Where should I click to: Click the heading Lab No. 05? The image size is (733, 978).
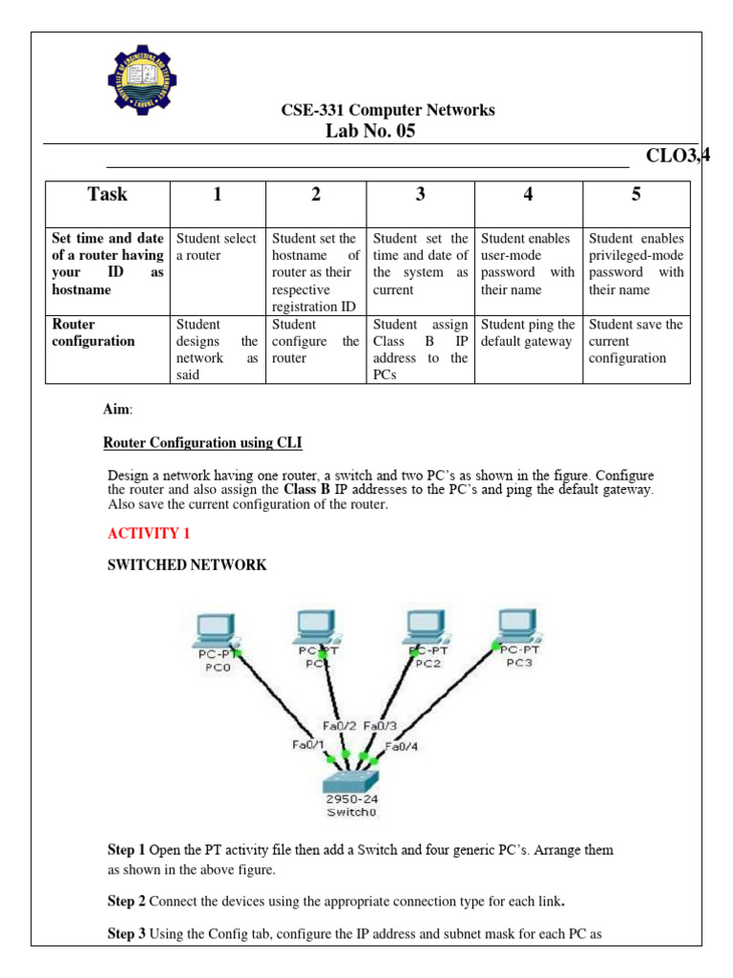(371, 132)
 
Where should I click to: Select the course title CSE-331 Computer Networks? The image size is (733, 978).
(387, 110)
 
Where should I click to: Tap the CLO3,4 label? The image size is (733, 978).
(679, 157)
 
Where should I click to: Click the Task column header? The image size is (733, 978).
(107, 195)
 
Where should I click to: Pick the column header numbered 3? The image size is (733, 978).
(420, 195)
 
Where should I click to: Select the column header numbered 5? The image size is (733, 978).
(636, 195)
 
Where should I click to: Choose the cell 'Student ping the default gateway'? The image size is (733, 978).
(528, 332)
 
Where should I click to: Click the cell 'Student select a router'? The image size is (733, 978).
(217, 246)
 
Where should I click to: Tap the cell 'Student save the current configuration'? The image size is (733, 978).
(636, 341)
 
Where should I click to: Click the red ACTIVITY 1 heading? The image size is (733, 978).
(142, 533)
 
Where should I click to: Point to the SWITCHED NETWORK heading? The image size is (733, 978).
(187, 564)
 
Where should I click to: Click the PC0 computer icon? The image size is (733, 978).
(215, 629)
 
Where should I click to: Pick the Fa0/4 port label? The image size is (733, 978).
(400, 746)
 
